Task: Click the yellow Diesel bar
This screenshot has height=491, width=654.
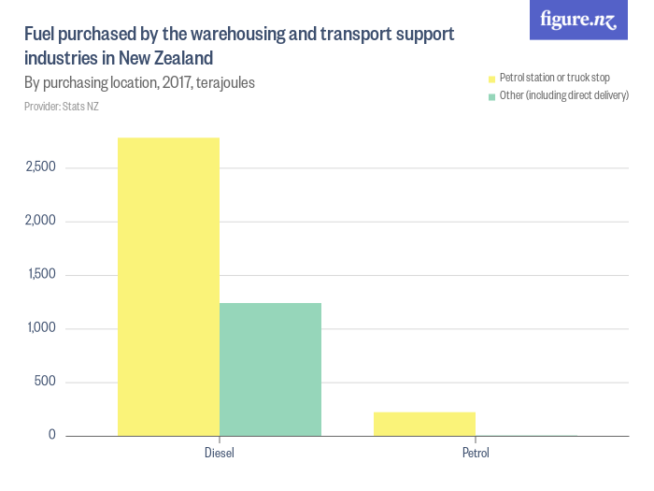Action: (x=168, y=286)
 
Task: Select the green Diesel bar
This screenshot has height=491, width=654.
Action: (x=270, y=368)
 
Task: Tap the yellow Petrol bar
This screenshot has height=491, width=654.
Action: (x=424, y=424)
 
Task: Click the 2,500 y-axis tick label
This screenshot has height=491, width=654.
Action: (x=41, y=168)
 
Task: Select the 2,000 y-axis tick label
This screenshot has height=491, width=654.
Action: (x=41, y=222)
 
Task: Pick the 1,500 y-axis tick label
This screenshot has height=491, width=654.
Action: (x=41, y=275)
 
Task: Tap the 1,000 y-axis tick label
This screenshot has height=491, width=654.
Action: (x=41, y=328)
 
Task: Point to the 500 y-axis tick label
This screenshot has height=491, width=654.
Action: (x=46, y=382)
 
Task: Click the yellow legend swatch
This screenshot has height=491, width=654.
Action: (x=491, y=78)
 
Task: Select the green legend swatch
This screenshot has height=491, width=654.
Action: (x=491, y=95)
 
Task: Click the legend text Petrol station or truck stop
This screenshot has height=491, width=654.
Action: (x=555, y=78)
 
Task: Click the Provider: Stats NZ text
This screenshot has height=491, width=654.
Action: (x=62, y=107)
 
